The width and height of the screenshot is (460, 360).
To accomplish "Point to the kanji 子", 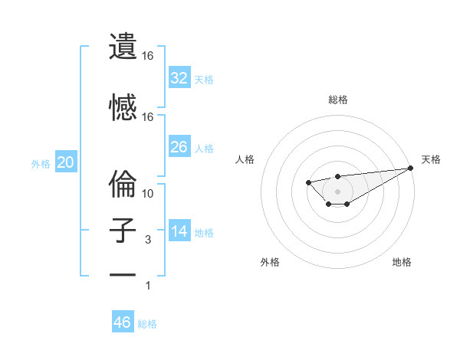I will (123, 231).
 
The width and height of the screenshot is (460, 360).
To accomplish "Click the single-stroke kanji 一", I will (123, 274).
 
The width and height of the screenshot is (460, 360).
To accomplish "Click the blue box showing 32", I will (179, 78).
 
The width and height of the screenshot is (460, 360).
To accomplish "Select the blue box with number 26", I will (179, 147).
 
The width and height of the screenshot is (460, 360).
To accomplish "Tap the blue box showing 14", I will (179, 231).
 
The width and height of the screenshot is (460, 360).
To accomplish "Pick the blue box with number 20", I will (66, 162).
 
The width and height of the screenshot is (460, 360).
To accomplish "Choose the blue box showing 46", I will (123, 322).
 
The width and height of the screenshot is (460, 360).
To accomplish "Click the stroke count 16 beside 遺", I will (148, 56).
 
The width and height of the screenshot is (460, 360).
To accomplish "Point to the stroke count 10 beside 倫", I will (148, 194).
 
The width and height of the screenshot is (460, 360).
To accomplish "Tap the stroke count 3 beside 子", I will (148, 240).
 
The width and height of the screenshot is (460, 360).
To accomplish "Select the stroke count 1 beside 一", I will (149, 286).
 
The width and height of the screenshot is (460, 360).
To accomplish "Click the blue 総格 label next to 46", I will (147, 324).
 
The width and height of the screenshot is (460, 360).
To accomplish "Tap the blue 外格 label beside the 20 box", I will (40, 164).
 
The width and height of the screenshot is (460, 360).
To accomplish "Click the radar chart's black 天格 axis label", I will (431, 159).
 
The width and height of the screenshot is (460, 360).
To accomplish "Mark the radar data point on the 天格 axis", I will (411, 168).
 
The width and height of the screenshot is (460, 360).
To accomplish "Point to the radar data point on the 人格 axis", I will (307, 182).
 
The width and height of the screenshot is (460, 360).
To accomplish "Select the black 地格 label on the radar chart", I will (402, 262).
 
